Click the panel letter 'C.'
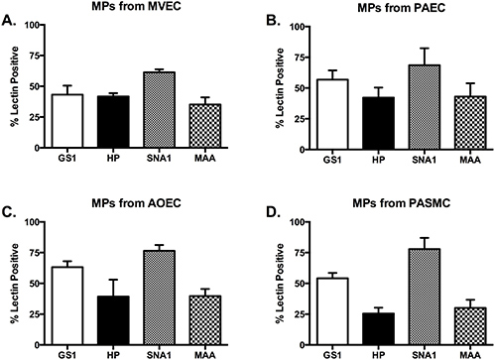(9, 209)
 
